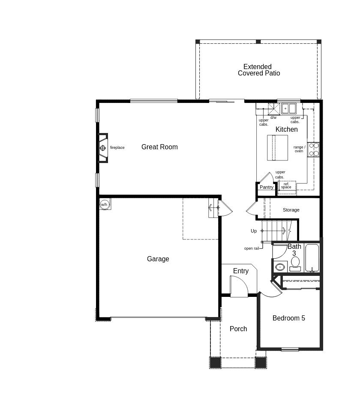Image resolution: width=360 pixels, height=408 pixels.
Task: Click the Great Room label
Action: [159, 147]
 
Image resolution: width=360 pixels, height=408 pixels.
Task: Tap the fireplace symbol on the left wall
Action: [103, 148]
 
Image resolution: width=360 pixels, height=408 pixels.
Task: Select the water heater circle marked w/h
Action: [104, 204]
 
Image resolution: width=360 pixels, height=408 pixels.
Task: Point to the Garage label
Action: [158, 259]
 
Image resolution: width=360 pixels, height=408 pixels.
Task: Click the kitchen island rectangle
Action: [277, 148]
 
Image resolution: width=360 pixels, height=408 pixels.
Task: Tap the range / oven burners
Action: [313, 150]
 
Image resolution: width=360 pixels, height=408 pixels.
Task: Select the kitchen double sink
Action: [289, 108]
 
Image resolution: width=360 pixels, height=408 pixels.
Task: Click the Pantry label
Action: [267, 187]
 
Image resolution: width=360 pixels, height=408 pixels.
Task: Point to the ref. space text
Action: [286, 185]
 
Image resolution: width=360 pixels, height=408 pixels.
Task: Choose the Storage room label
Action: [291, 210]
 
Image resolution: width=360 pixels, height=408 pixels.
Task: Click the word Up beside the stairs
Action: [254, 231]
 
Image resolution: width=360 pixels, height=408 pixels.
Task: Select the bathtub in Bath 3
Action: [312, 258]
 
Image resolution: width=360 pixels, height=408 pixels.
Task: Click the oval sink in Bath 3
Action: [280, 267]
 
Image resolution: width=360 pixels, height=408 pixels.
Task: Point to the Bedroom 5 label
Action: [289, 318]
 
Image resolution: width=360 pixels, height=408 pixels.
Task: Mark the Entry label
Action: [241, 271]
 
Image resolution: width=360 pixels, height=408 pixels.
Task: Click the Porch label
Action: [238, 329]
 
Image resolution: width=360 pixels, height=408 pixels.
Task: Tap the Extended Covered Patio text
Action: [258, 70]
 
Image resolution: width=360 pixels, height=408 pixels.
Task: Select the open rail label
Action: [252, 248]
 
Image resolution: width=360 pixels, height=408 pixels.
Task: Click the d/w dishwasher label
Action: [273, 118]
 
